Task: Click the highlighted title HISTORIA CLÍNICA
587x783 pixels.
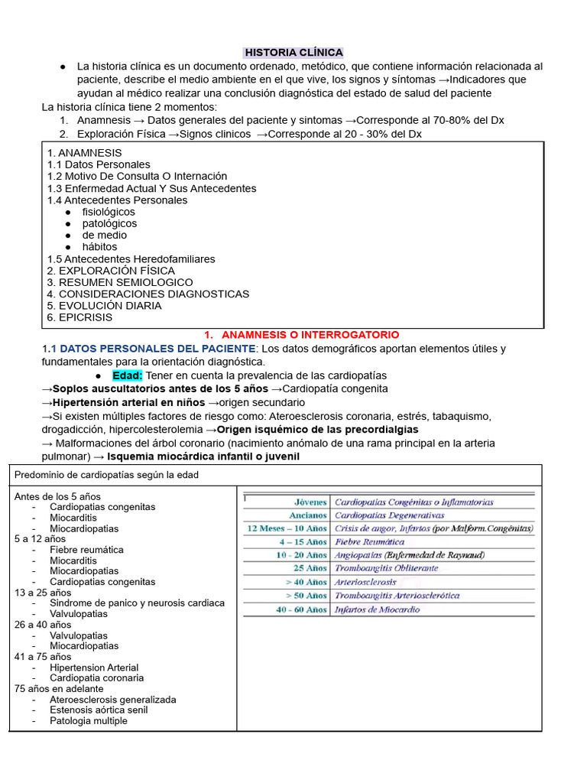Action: coord(293,52)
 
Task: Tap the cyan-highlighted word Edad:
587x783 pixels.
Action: coord(128,375)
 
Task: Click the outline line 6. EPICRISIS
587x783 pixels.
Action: coord(79,317)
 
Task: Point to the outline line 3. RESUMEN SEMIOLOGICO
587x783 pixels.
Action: coord(120,282)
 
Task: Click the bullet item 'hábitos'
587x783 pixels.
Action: coord(100,247)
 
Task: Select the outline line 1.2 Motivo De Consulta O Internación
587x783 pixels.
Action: coord(137,176)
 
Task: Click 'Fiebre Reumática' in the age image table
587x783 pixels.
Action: coord(370,541)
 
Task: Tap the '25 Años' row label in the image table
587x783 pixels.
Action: coord(309,568)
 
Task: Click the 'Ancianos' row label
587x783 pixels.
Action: coord(308,515)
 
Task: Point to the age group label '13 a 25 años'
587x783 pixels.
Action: coord(43,593)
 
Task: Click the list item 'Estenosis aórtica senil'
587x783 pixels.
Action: coord(99,710)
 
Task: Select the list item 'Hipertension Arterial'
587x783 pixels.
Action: coord(94,668)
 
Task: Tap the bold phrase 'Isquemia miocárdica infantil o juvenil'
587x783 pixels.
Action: coord(203,456)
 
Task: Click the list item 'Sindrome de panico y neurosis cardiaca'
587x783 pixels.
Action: coord(137,603)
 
